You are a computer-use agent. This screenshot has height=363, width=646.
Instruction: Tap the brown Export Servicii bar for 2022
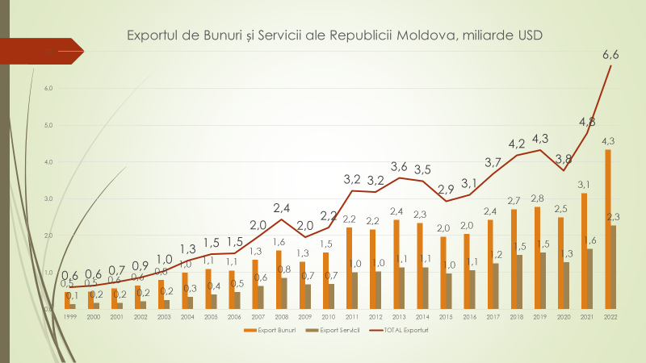click(x=615, y=267)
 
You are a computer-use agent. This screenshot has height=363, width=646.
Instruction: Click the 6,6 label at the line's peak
click(x=611, y=55)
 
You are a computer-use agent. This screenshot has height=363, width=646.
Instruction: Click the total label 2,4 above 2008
click(x=281, y=207)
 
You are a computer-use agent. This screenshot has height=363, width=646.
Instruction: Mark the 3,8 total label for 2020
click(x=564, y=158)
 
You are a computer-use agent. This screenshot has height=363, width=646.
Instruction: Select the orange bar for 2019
click(x=537, y=257)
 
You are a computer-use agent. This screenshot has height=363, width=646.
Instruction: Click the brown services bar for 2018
click(x=520, y=282)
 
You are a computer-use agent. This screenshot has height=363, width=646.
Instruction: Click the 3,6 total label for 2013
click(x=399, y=166)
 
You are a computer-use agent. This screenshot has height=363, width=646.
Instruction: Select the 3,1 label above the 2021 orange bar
click(x=583, y=185)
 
